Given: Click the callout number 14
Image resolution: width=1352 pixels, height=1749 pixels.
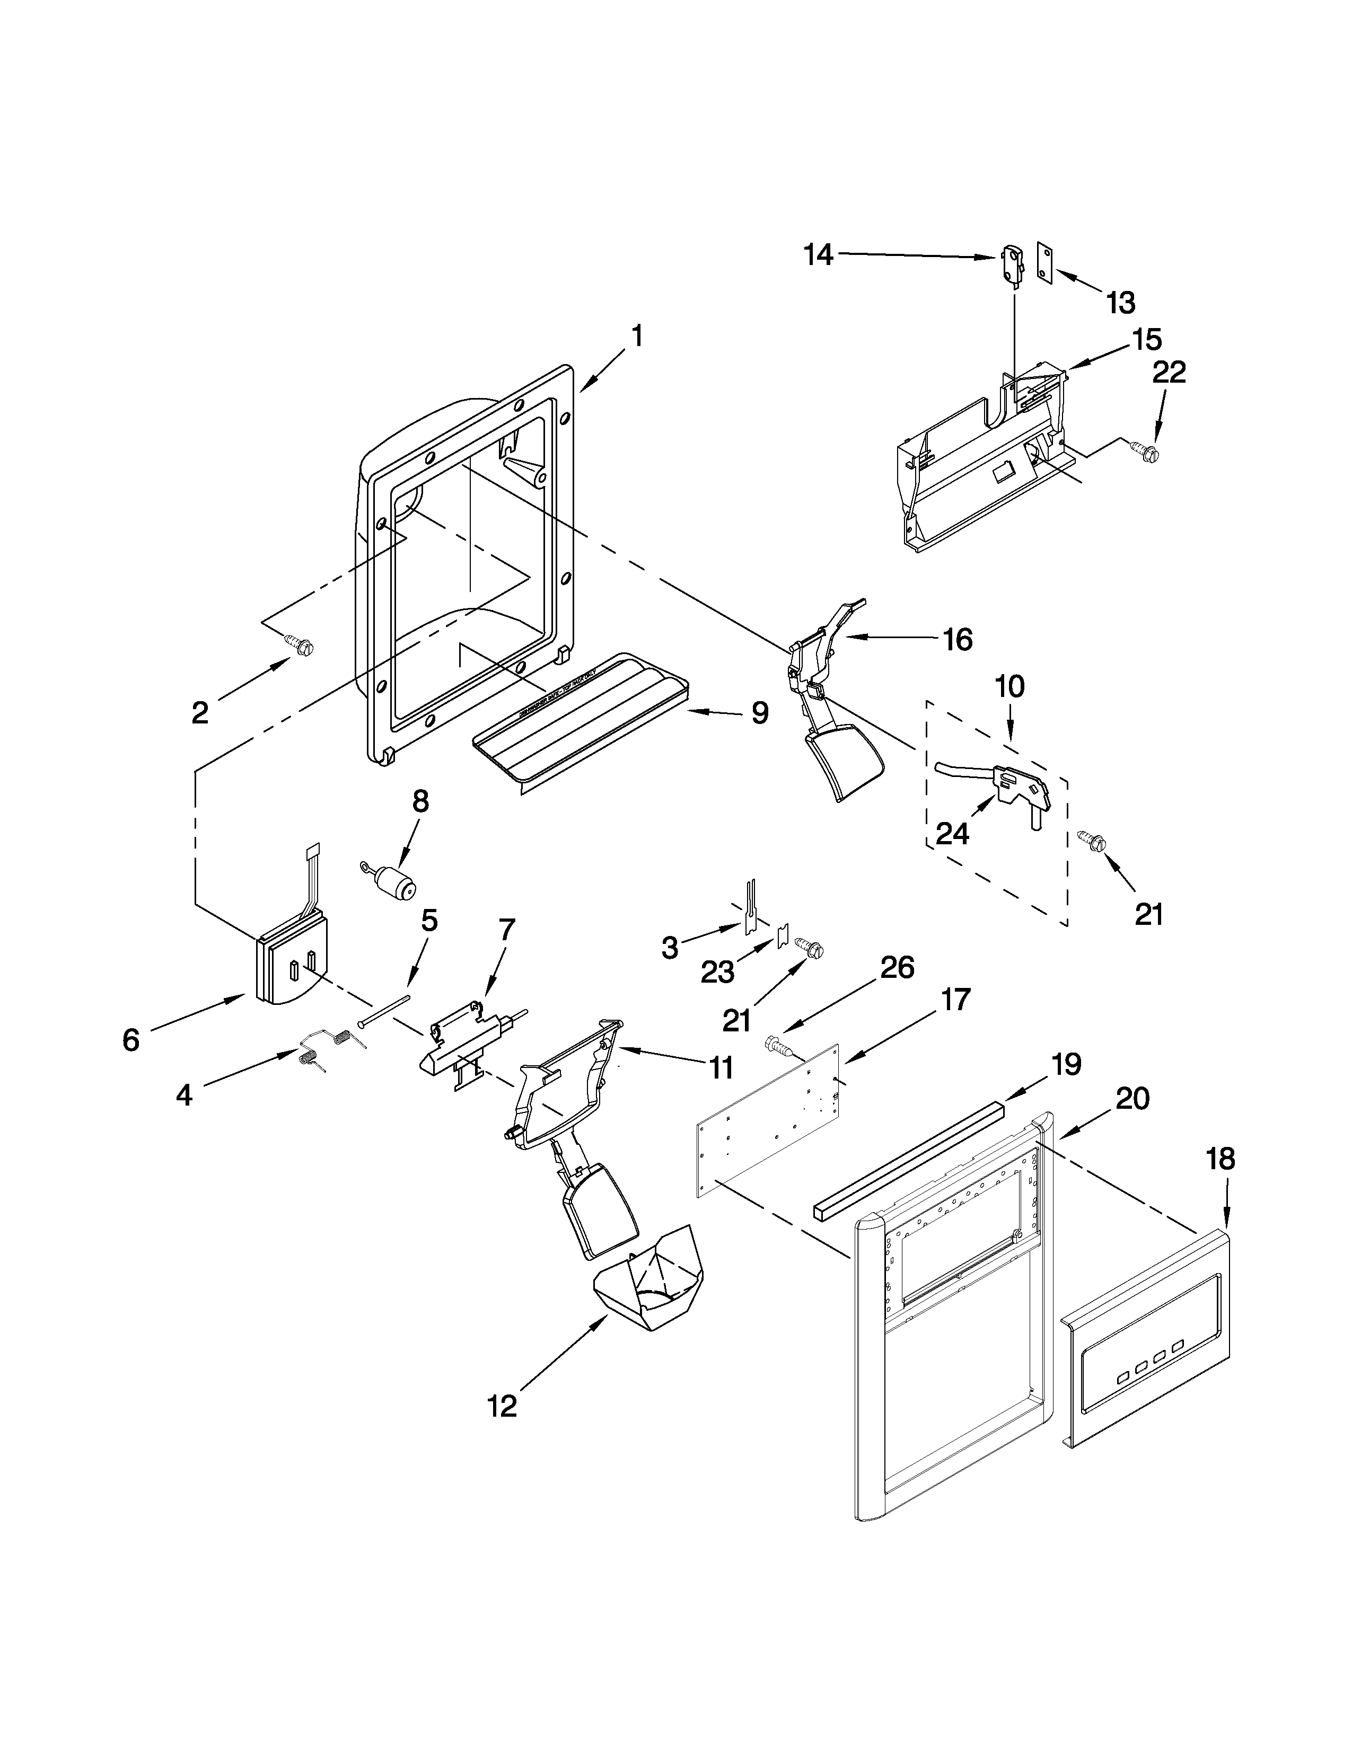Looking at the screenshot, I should click(x=819, y=255).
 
